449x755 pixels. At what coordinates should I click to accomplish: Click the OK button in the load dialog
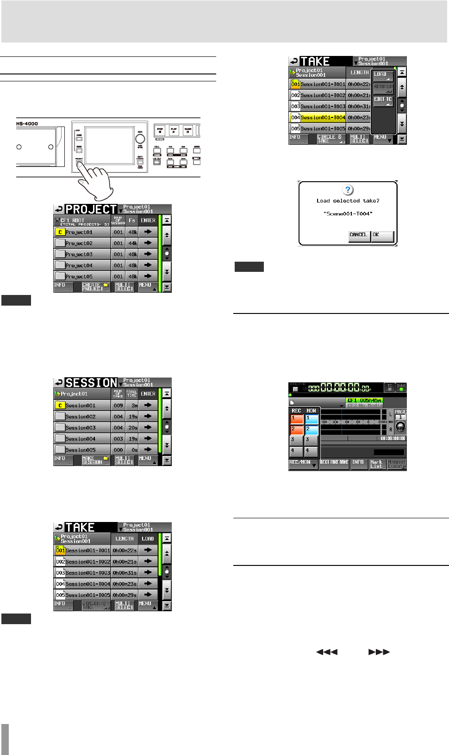click(x=382, y=236)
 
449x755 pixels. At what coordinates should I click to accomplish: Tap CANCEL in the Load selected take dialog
click(x=359, y=236)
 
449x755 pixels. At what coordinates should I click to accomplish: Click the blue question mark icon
click(x=348, y=190)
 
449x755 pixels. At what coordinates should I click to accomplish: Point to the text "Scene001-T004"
click(x=348, y=214)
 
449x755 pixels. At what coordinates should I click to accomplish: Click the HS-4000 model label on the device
click(x=27, y=124)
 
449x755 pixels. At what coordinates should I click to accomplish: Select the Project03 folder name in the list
click(x=79, y=254)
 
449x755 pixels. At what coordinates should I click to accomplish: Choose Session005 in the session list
click(x=81, y=450)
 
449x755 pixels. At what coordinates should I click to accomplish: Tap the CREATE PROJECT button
click(x=96, y=287)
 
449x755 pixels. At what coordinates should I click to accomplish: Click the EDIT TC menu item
click(x=383, y=100)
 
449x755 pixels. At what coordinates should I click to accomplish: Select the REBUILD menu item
click(x=383, y=87)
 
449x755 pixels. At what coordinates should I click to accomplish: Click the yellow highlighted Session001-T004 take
click(x=323, y=118)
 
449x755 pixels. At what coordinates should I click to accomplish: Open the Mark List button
click(x=377, y=464)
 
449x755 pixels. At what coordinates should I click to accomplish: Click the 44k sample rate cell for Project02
click(x=132, y=243)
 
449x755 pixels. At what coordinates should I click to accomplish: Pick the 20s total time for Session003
click(x=132, y=428)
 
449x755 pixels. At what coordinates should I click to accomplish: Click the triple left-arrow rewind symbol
click(x=326, y=652)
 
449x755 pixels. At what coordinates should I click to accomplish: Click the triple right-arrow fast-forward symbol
click(x=379, y=652)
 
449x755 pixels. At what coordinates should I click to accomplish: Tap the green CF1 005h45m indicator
click(x=364, y=400)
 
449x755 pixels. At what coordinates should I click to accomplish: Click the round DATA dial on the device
click(x=140, y=139)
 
